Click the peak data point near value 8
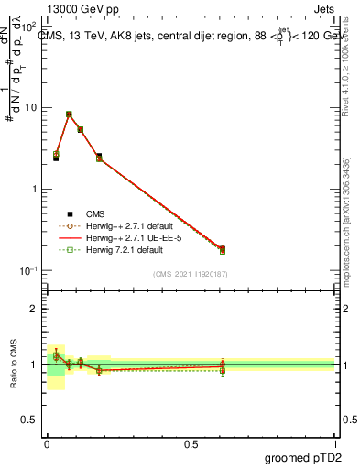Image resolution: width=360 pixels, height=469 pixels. (69, 115)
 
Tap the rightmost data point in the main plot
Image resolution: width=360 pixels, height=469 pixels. (222, 249)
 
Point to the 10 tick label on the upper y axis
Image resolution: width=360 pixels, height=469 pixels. (31, 107)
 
